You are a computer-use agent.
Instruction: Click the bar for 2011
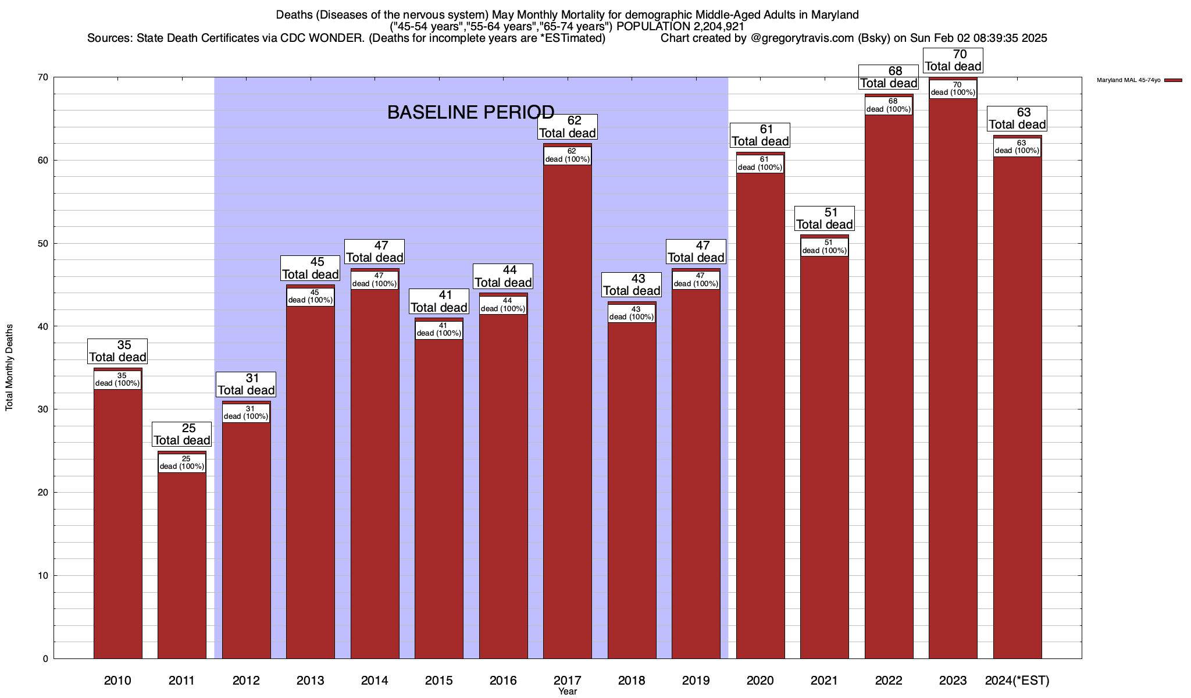[x=182, y=558]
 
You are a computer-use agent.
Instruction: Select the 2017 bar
[x=568, y=407]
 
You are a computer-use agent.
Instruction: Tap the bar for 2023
[x=953, y=378]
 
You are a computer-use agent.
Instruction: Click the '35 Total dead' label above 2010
[x=118, y=351]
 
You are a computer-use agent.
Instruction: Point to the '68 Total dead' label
[x=889, y=77]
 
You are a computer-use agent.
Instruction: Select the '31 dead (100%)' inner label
[x=246, y=413]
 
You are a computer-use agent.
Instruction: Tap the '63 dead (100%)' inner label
[x=1017, y=147]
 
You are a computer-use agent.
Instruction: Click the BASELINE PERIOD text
[x=470, y=112]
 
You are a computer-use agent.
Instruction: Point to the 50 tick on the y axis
[x=44, y=243]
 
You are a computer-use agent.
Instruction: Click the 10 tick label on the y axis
[x=44, y=576]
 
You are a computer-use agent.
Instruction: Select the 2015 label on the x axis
[x=439, y=681]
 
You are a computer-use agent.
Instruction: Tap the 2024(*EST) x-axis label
[x=1017, y=681]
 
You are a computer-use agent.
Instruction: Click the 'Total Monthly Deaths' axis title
[x=9, y=368]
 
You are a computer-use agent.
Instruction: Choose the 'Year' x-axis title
[x=568, y=692]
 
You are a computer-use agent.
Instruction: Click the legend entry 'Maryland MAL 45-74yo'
[x=1128, y=80]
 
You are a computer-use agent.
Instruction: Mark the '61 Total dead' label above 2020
[x=760, y=136]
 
